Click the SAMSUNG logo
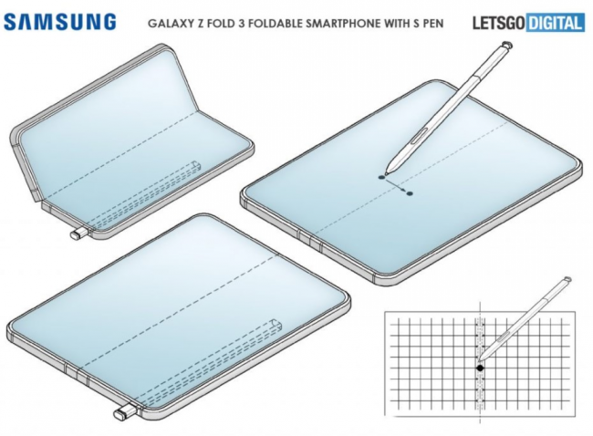pyautogui.click(x=60, y=21)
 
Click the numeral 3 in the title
pyautogui.click(x=234, y=21)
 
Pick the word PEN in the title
pyautogui.click(x=431, y=21)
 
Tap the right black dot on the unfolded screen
pyautogui.click(x=410, y=192)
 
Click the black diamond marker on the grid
pyautogui.click(x=480, y=368)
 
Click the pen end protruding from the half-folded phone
pyautogui.click(x=77, y=235)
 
